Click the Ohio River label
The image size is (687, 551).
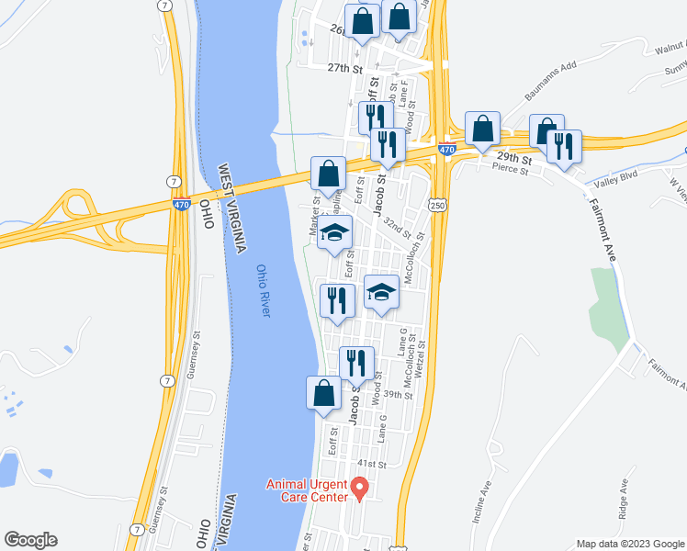[x=264, y=292]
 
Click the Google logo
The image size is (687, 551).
[x=30, y=540]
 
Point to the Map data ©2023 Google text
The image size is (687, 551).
[x=629, y=544]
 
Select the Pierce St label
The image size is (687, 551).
[x=511, y=169]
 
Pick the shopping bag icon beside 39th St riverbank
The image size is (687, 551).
[x=323, y=392]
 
